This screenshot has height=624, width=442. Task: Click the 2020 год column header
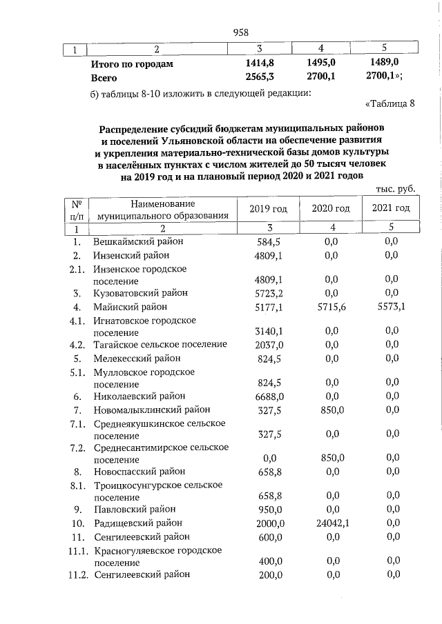(x=331, y=208)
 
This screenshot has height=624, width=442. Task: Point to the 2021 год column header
(x=391, y=208)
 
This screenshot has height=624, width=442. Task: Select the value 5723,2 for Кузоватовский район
(x=270, y=293)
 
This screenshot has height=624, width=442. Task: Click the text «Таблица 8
(x=389, y=105)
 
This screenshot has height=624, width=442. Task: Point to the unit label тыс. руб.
(x=395, y=188)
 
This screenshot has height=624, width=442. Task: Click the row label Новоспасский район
(x=140, y=472)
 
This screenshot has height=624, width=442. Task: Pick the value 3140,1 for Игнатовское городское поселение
(x=270, y=332)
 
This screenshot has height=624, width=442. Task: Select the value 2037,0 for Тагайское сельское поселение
(x=270, y=345)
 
